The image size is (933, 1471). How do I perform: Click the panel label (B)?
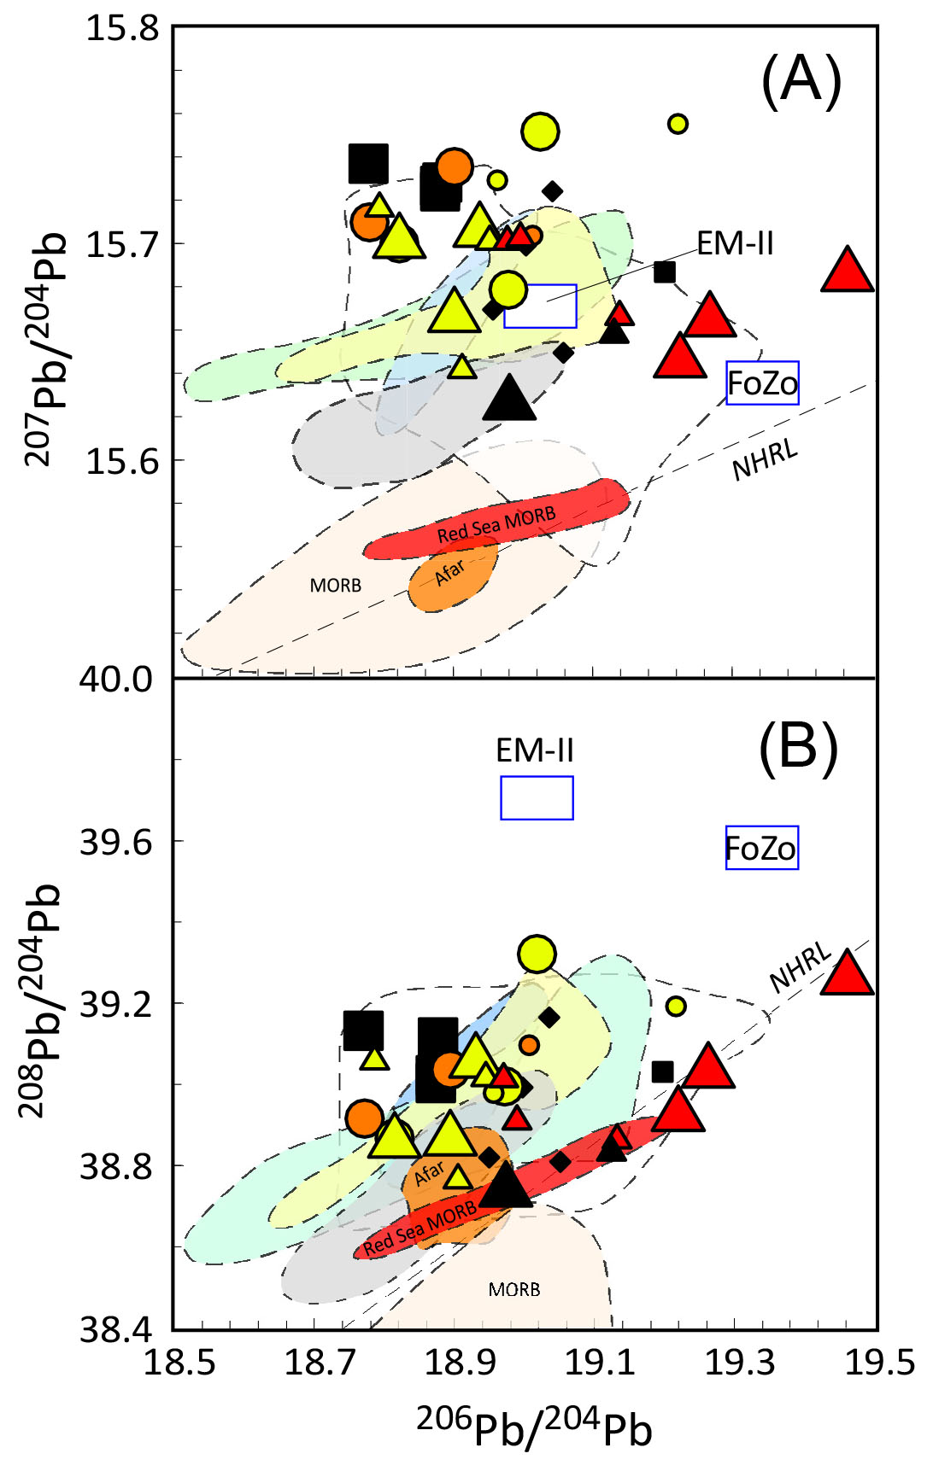[798, 748]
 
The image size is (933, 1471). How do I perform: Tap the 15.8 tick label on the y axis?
[123, 27]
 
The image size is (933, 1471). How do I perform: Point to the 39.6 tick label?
[116, 843]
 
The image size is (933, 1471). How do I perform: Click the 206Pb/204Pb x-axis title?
[534, 1427]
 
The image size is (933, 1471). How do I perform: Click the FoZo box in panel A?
[762, 383]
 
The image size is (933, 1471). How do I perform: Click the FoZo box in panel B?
[761, 848]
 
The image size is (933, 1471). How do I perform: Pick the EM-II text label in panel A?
[735, 244]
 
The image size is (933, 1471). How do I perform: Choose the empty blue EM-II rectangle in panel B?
[537, 797]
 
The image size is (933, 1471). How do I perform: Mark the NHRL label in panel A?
[765, 460]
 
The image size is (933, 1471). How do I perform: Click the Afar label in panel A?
[449, 573]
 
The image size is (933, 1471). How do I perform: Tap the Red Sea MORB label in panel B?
[420, 1229]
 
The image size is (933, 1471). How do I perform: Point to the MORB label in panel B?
[513, 1289]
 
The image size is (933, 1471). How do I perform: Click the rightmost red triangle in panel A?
[847, 271]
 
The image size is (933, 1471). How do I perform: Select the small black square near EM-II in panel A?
[665, 272]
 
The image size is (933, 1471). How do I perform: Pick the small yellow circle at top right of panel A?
[678, 124]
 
